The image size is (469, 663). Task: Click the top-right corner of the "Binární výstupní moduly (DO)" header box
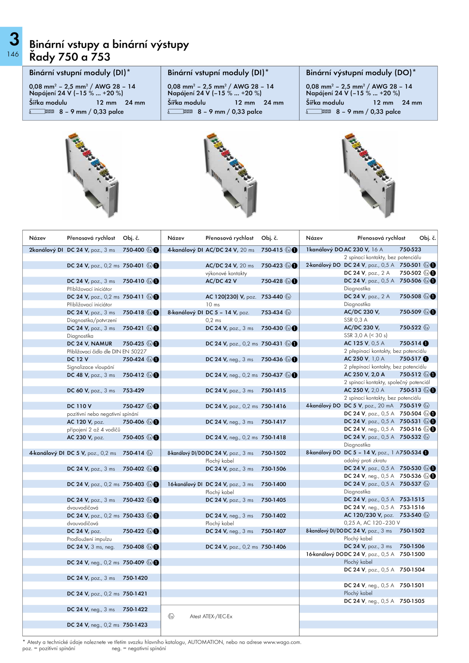tap(437, 66)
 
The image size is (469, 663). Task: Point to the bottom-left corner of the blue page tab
tap(0, 66)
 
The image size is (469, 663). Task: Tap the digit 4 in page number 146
tap(13, 54)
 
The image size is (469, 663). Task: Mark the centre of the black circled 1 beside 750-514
tap(426, 343)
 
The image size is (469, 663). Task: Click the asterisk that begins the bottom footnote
tap(24, 642)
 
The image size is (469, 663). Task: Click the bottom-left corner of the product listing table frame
tap(23, 636)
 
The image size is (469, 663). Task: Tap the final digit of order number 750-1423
tap(146, 625)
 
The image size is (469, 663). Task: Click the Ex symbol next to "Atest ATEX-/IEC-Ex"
tap(171, 616)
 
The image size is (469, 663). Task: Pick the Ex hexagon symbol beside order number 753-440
tap(288, 296)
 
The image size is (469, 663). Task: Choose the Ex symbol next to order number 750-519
tap(426, 405)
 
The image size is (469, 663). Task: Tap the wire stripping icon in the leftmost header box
tap(41, 111)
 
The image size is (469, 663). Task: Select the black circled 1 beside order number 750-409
tap(156, 562)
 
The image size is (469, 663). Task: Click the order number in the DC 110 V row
tap(133, 406)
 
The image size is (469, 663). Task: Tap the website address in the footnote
tap(282, 642)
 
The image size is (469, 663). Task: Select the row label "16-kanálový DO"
tap(325, 554)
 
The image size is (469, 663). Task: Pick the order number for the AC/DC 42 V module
tap(272, 281)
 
